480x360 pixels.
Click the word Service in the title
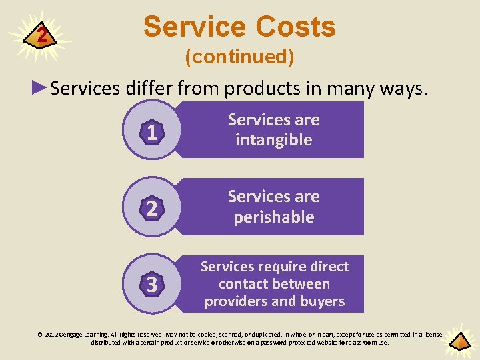191,27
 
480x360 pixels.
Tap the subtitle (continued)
239,57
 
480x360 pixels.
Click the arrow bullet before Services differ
41,88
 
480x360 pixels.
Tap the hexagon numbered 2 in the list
152,209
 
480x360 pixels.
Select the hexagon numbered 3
152,285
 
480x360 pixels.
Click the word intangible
274,140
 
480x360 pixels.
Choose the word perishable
274,217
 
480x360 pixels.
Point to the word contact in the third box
243,284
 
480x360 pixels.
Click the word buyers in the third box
323,301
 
